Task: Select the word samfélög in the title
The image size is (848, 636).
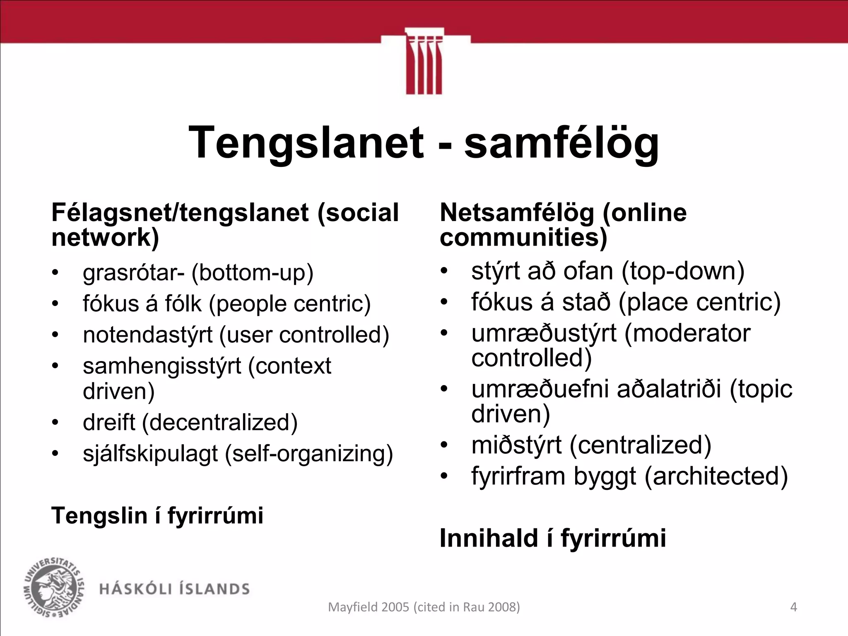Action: coord(561,143)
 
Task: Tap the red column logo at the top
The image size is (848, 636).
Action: coord(424,62)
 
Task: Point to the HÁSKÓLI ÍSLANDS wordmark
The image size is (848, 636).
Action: coord(174,589)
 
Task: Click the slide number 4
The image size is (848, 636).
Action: coord(793,607)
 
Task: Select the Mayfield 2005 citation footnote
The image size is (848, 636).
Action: coord(424,607)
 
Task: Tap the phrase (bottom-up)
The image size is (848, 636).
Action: coord(252,272)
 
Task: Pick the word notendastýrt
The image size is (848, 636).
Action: coord(147,335)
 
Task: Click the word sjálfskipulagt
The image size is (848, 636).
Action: coord(150,454)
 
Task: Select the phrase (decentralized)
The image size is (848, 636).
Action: coord(220,423)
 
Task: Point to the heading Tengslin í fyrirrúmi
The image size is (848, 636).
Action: coord(157,516)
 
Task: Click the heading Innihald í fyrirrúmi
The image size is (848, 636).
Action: coord(552,538)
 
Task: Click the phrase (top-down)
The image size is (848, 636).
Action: coord(683,271)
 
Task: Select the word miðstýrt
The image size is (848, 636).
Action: coord(516,445)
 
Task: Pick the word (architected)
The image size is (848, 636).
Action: coord(716,476)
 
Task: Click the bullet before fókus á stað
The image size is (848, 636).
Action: coord(444,302)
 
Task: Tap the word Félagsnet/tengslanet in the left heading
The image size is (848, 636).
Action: coord(180,213)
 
